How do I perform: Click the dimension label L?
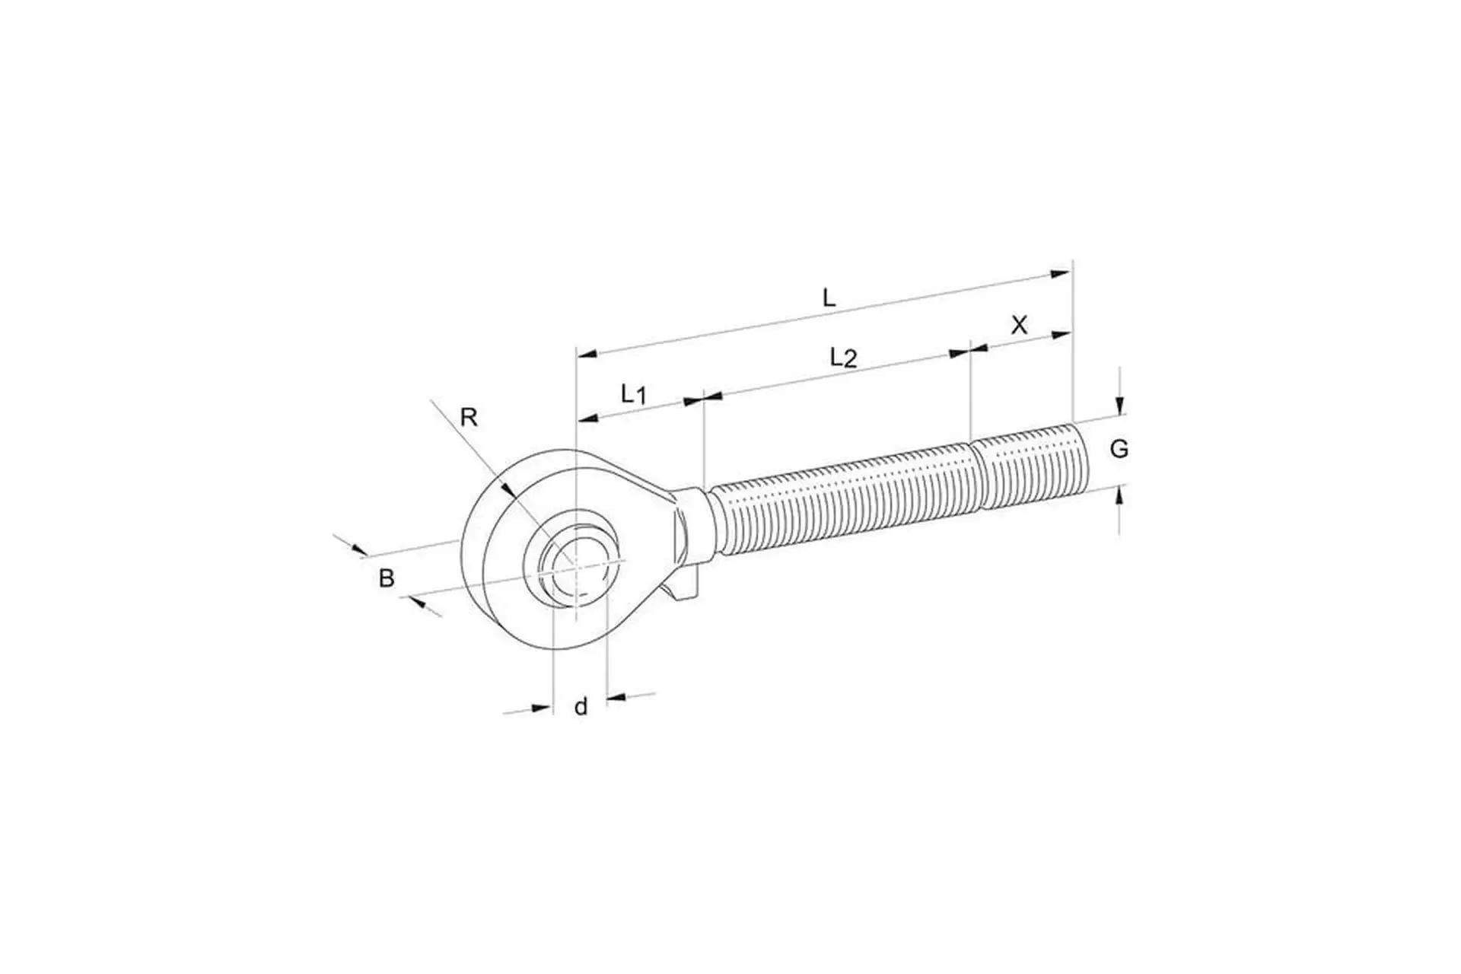(x=829, y=297)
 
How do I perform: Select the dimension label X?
(x=1019, y=326)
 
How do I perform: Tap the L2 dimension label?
(x=843, y=358)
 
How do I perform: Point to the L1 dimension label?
(x=633, y=394)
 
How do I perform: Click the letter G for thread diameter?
(x=1119, y=450)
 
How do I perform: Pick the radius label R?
(x=469, y=417)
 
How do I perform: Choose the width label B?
(x=387, y=579)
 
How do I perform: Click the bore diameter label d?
(x=581, y=707)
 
